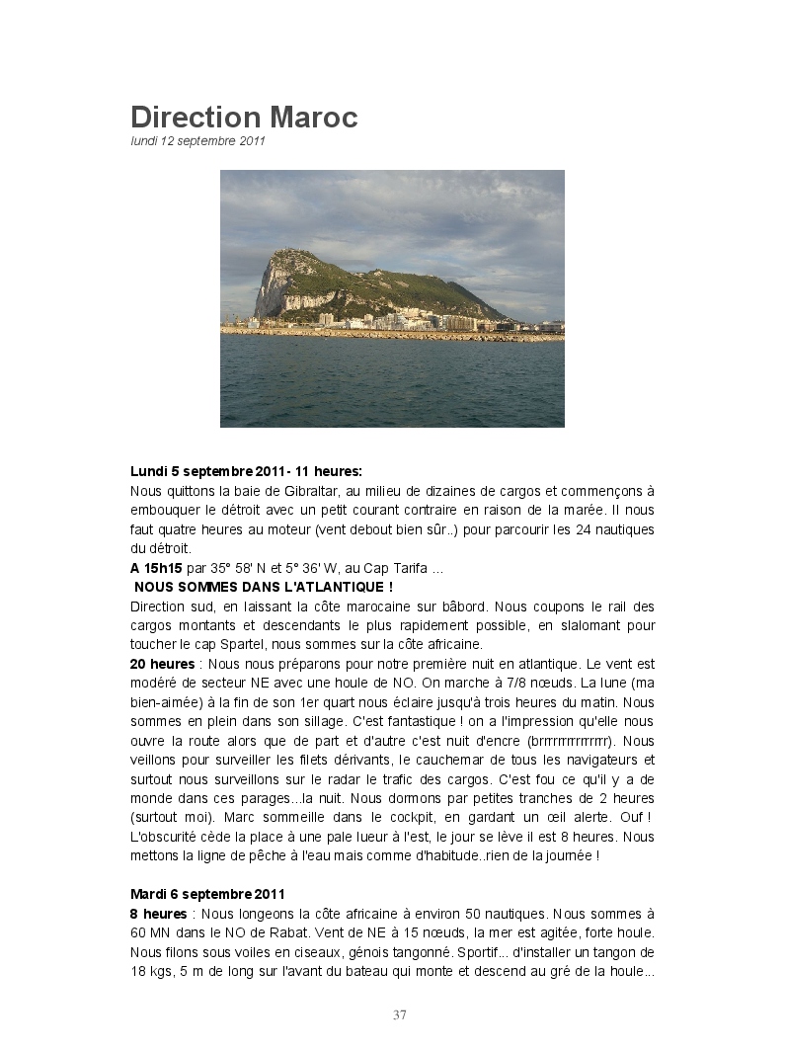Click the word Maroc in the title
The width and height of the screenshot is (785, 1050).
[313, 118]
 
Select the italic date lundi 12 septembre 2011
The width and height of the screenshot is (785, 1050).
[197, 141]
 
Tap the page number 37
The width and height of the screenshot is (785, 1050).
[399, 1014]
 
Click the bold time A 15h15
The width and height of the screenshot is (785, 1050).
[156, 568]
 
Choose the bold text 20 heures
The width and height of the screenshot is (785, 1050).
[162, 664]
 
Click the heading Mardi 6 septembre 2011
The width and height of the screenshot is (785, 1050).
[207, 894]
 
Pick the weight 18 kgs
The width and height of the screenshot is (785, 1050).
[150, 971]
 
